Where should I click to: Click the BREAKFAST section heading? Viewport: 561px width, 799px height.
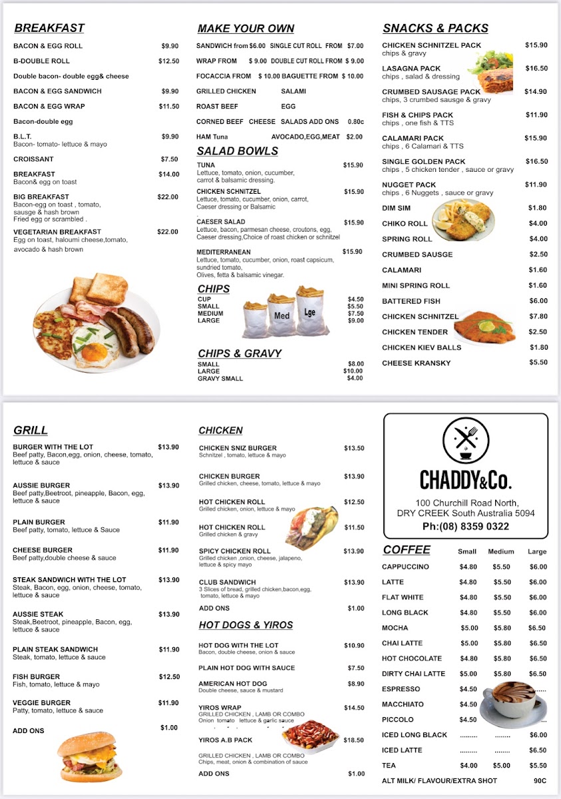49,28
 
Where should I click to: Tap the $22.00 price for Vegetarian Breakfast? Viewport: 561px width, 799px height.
168,232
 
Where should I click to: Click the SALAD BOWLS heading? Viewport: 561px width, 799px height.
238,151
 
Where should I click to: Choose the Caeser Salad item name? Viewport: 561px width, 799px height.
221,222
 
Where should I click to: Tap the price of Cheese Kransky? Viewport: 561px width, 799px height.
538,363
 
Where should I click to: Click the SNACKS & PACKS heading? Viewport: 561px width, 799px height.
435,28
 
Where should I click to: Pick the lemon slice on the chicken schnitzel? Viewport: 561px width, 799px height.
487,326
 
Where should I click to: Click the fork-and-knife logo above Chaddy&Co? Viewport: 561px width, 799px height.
465,439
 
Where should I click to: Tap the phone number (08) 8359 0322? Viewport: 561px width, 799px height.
466,527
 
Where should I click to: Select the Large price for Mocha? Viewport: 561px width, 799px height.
537,628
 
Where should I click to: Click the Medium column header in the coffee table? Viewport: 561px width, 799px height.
501,551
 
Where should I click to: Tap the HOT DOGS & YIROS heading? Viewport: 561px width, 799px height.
246,625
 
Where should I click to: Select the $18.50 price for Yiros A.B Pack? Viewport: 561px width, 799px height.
354,740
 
